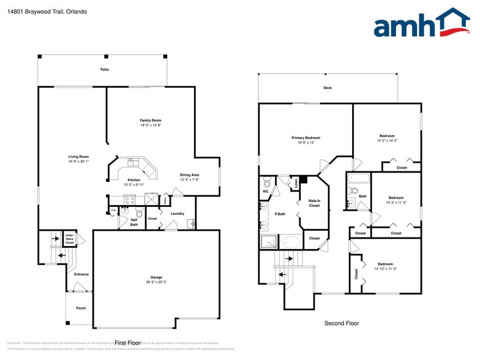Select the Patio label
105,70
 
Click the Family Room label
151,121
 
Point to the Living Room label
78,157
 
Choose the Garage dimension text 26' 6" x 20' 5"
156,282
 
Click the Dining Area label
189,175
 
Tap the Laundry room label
178,214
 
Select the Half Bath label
133,222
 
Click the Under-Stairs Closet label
70,238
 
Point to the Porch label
81,308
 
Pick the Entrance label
81,274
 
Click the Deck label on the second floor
328,88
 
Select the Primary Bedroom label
306,138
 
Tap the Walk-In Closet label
314,203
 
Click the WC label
266,191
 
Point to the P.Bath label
280,214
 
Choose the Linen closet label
296,182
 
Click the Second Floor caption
342,323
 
